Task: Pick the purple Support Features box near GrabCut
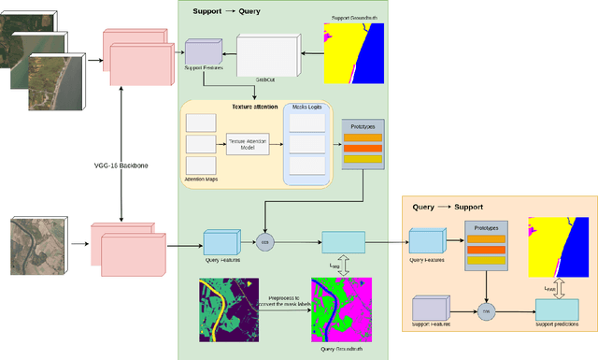pyautogui.click(x=201, y=52)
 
